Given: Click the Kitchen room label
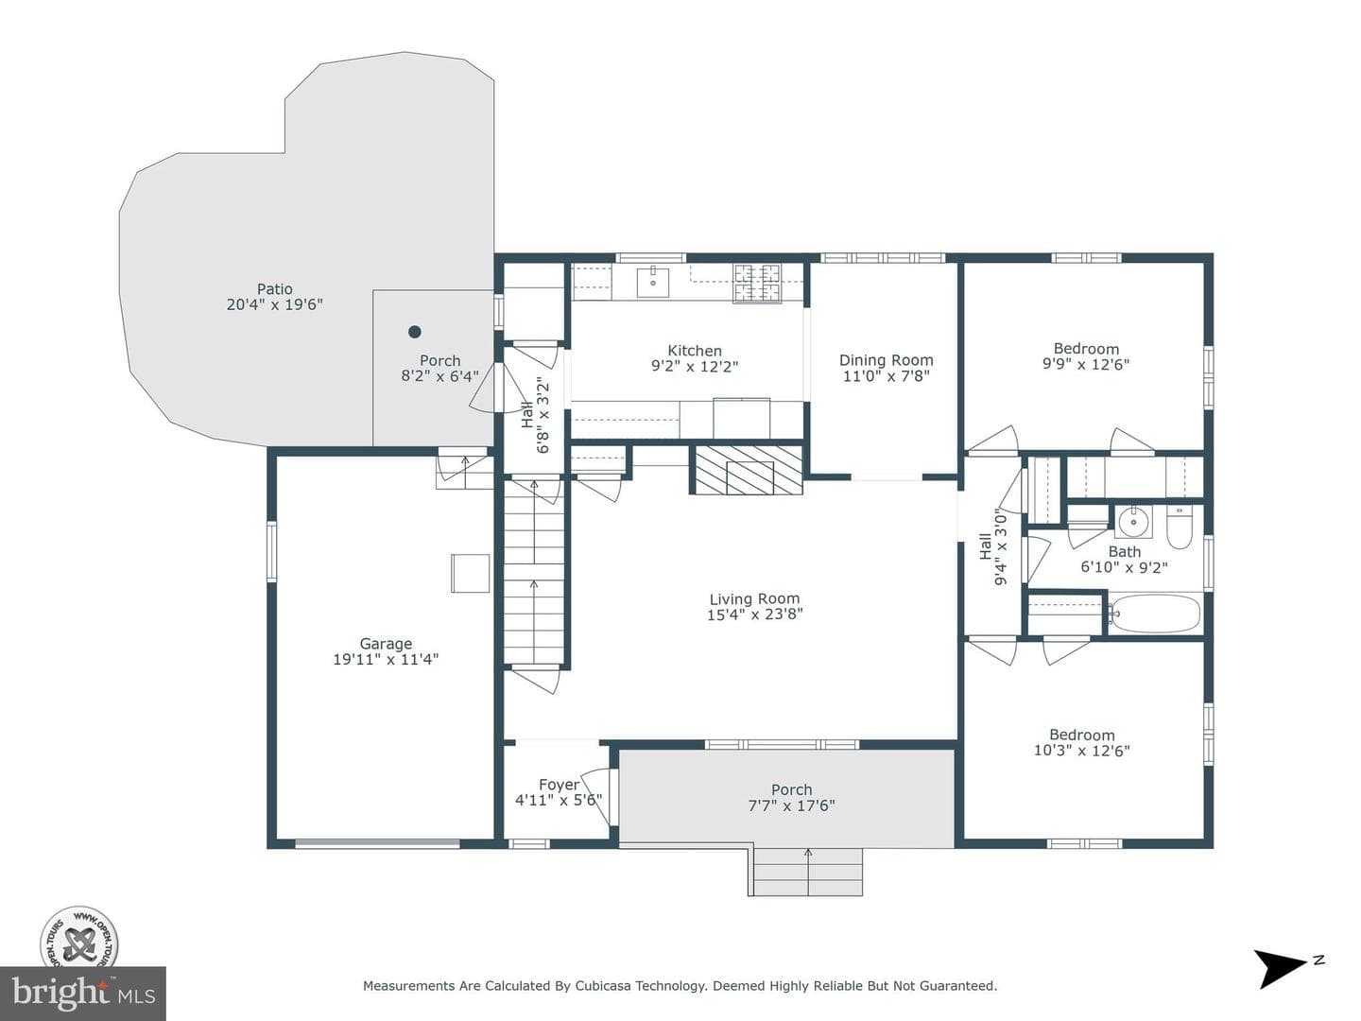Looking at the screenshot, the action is click(x=694, y=350).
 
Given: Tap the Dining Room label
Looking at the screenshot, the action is click(x=886, y=359).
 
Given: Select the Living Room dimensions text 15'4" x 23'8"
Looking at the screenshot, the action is click(x=754, y=614).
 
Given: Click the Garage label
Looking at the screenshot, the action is click(x=386, y=644).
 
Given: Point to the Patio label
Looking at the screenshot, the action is click(x=275, y=289).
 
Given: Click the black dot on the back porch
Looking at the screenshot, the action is click(x=415, y=332).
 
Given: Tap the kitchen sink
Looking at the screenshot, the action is click(x=653, y=282).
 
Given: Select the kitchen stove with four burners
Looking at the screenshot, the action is click(x=756, y=284).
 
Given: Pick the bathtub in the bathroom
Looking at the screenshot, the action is click(x=1154, y=614).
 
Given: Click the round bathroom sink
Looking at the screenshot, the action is click(x=1133, y=522).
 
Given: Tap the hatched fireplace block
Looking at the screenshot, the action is click(x=749, y=469).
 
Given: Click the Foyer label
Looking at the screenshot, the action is click(x=559, y=785).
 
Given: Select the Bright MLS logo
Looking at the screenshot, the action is click(x=83, y=994).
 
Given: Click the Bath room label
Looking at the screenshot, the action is click(x=1124, y=552).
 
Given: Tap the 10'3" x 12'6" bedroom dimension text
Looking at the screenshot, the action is click(x=1082, y=751).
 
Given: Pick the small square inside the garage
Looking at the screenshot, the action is click(x=470, y=574).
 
